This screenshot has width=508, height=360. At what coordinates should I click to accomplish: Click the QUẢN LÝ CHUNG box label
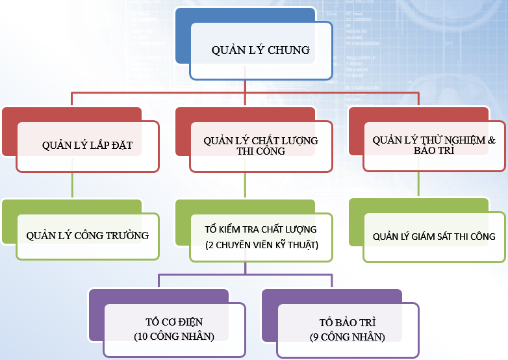260,50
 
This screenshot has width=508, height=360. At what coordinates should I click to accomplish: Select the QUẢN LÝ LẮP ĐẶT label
87,145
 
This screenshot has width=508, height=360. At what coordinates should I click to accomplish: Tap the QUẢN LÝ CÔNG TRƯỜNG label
88,235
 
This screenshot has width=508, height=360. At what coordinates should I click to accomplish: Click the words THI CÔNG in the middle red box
260,151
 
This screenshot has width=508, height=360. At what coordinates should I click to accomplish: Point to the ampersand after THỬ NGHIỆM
492,140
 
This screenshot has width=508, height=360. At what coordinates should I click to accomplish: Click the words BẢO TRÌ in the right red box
434,150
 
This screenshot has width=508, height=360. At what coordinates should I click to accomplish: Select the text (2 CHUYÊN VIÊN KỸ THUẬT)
262,245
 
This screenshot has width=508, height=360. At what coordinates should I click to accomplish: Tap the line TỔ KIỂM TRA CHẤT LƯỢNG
260,229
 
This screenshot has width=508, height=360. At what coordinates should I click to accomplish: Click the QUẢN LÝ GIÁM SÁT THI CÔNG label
434,237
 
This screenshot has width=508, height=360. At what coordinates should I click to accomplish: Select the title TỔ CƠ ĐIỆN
174,322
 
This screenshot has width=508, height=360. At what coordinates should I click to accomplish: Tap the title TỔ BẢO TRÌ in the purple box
348,322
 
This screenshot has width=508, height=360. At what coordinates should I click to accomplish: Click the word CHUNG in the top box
288,50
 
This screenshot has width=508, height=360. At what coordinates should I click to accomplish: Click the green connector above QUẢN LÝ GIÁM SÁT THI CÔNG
418,184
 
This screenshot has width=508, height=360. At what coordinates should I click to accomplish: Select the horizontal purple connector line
246,275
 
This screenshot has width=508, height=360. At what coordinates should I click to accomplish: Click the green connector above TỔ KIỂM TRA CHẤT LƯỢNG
245,185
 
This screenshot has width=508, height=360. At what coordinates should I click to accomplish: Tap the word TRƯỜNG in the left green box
127,235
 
